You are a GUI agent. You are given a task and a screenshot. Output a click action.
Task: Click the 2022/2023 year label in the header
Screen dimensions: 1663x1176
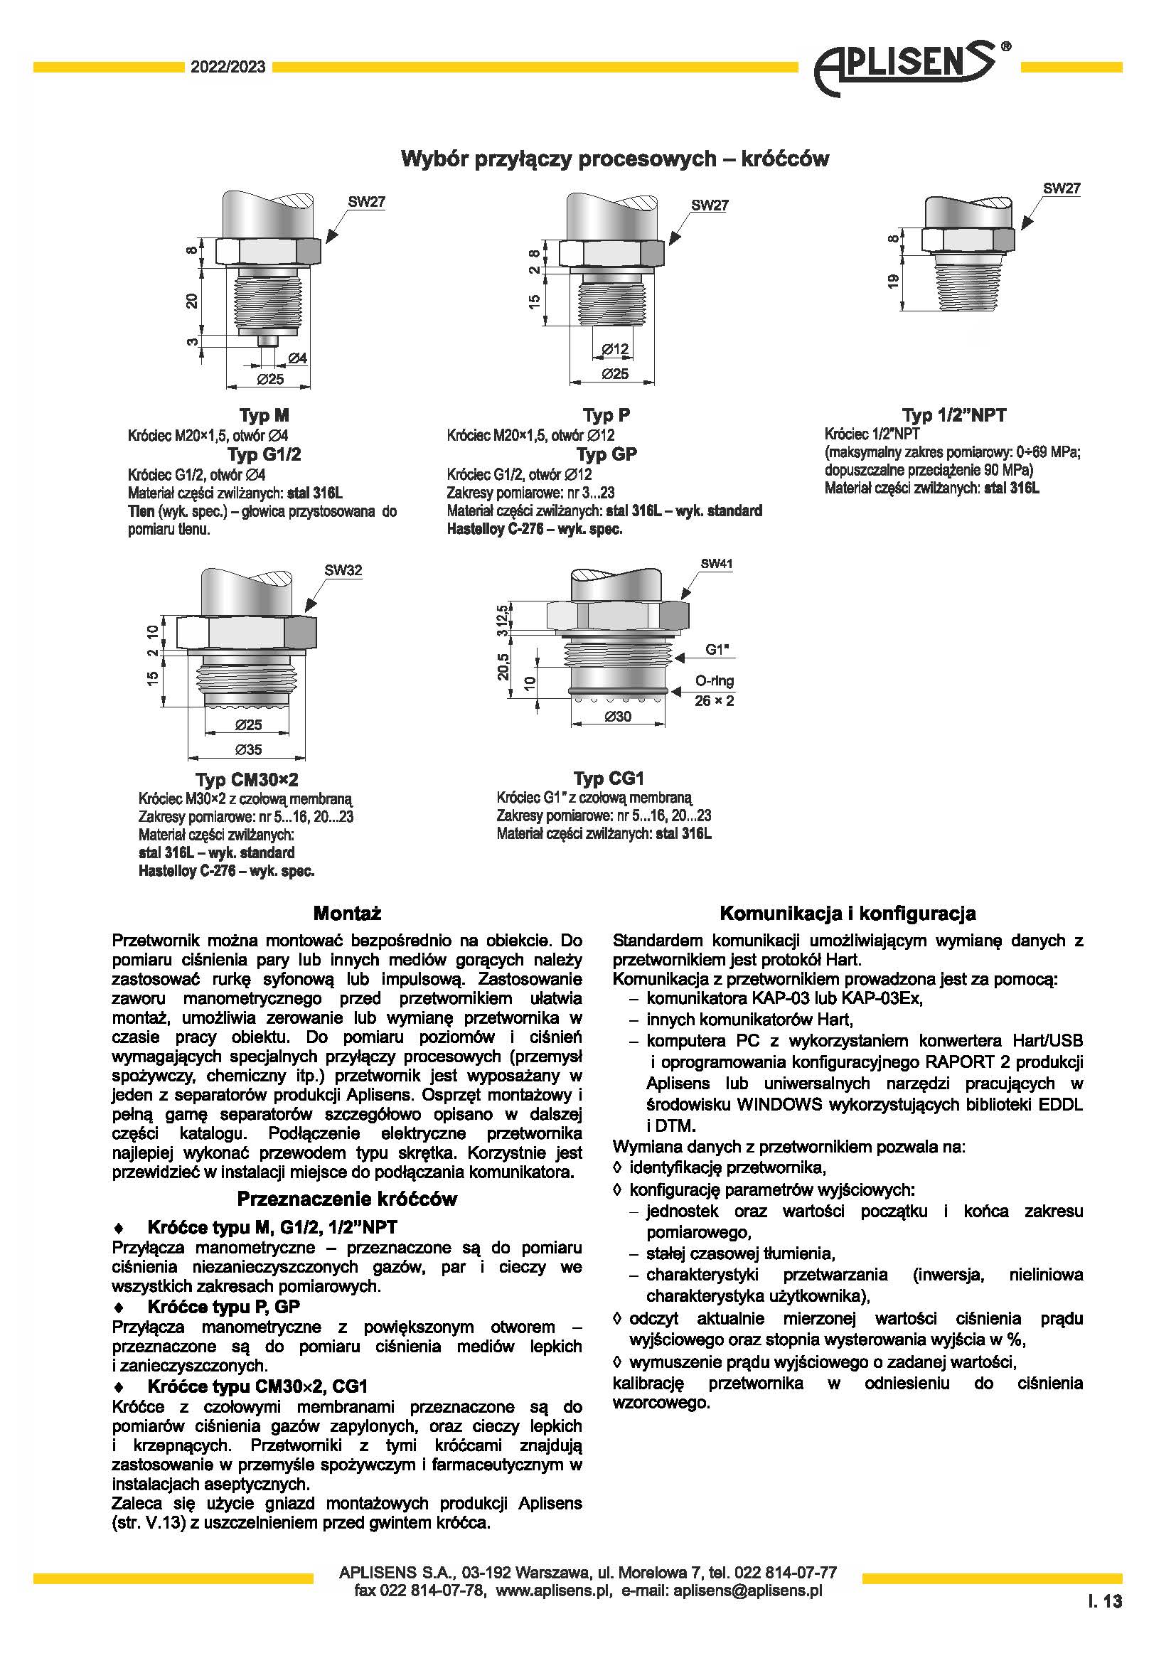coord(228,68)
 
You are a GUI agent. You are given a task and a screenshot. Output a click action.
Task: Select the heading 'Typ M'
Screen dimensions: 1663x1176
coord(264,415)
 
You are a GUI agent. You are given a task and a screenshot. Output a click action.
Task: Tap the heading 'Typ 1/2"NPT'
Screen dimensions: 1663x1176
coord(953,415)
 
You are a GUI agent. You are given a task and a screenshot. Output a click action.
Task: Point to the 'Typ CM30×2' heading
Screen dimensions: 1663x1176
coord(246,779)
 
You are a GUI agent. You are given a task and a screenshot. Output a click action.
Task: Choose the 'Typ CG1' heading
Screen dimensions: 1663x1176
coord(609,778)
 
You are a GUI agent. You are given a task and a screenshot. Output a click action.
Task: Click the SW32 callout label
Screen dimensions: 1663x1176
coord(343,570)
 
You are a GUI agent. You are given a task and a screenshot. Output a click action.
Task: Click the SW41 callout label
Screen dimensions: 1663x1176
coord(716,564)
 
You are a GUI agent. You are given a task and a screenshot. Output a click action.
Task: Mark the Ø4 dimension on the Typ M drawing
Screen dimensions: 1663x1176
coord(298,358)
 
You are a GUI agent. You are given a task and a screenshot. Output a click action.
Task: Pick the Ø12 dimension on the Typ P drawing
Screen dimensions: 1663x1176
coord(616,350)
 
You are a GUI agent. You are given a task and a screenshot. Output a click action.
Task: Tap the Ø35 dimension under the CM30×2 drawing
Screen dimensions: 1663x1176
coord(248,749)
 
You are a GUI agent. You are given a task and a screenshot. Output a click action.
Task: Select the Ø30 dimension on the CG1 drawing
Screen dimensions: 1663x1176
coord(618,717)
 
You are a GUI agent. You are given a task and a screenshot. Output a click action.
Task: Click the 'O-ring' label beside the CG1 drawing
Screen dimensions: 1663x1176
coord(714,681)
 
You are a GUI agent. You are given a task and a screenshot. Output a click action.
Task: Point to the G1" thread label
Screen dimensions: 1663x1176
coord(716,650)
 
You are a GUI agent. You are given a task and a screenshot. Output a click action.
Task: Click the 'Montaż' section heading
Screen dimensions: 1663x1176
coord(347,913)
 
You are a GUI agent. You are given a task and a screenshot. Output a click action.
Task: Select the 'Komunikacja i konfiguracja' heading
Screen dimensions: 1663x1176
coord(848,914)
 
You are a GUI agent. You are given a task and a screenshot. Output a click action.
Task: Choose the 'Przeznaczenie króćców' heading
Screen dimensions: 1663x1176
coord(347,1199)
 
